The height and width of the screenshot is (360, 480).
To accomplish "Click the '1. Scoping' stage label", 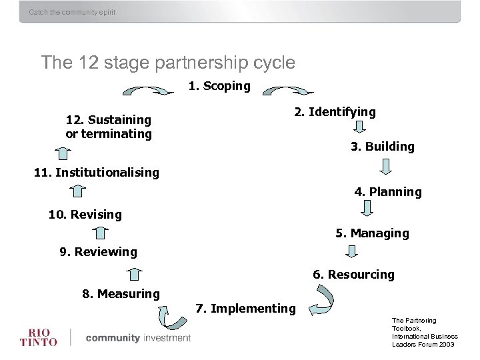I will click(x=219, y=86).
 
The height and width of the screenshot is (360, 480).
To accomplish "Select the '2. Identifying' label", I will click(x=335, y=112).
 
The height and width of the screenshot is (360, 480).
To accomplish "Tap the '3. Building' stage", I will click(x=382, y=147).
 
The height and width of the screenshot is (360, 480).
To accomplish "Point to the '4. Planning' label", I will click(x=387, y=192).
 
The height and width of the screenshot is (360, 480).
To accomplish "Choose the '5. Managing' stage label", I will click(x=372, y=233).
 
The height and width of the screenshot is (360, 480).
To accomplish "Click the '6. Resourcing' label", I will click(x=353, y=275).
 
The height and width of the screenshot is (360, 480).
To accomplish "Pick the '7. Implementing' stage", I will click(x=245, y=309).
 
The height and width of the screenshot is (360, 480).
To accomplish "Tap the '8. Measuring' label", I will click(x=121, y=294).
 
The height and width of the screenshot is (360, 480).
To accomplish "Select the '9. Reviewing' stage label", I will click(x=98, y=252).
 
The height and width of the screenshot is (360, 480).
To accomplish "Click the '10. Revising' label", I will click(x=85, y=215).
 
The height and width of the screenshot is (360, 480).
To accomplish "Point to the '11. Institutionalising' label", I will click(x=97, y=173).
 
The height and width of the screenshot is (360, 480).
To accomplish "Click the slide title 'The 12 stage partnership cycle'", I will click(x=168, y=63).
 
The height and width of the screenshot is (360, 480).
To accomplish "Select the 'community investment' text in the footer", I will click(x=138, y=338).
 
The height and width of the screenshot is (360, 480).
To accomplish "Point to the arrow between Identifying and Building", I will click(x=360, y=127).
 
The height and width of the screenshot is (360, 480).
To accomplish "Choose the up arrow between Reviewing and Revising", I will click(x=100, y=233).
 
